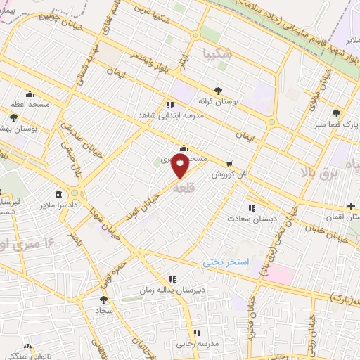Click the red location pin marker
[x=181, y=167]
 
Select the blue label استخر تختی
[x=226, y=262]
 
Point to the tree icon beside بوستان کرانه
[x=218, y=91]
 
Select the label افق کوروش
[x=223, y=173]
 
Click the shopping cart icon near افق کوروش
[x=229, y=161]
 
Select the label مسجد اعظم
[x=30, y=105]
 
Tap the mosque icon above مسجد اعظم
[x=30, y=94]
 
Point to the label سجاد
[x=105, y=310]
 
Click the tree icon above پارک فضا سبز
[x=337, y=112]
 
